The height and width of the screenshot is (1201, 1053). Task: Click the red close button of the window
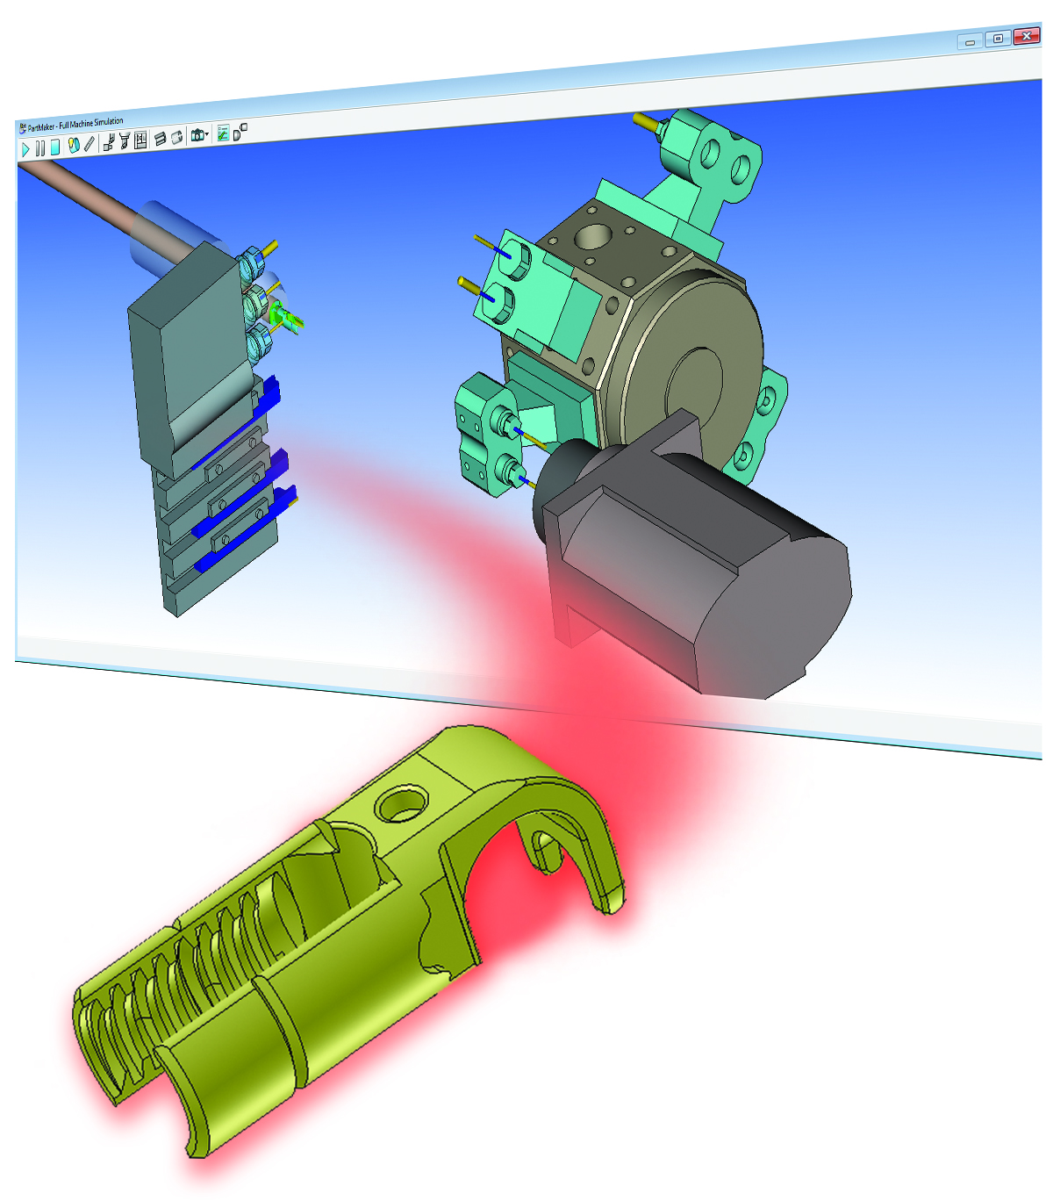coord(1026,37)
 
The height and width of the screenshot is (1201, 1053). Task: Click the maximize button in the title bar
coord(998,39)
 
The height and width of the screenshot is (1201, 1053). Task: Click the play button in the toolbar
coord(25,149)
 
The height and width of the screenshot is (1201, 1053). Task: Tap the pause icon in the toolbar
coord(39,148)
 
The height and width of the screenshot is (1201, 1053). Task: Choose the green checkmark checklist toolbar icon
coord(223,133)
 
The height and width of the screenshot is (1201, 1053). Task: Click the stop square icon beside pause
coord(54,147)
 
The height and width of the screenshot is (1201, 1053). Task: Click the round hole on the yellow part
coord(401,803)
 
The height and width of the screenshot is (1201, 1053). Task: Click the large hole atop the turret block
coord(594,235)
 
